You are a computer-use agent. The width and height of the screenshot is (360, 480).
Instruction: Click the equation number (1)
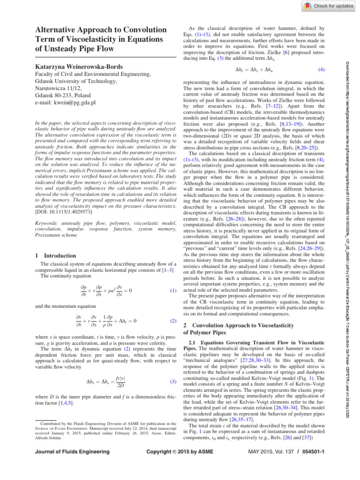[173, 291]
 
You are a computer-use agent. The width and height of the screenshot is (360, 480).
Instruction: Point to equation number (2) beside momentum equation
[173, 322]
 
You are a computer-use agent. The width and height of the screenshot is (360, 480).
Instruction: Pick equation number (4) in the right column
[322, 69]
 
